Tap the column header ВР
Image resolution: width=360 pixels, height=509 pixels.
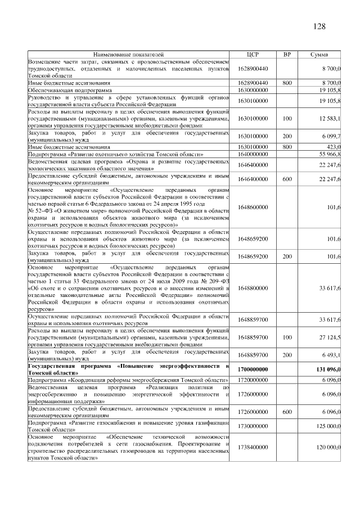coord(287,55)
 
